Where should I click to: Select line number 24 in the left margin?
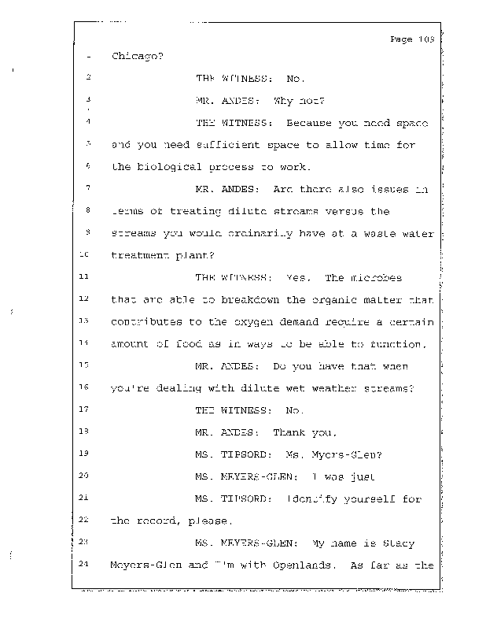pos(87,565)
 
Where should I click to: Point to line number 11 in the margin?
pos(87,277)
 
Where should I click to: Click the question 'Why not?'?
pos(293,101)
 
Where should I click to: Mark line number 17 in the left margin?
pos(87,410)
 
